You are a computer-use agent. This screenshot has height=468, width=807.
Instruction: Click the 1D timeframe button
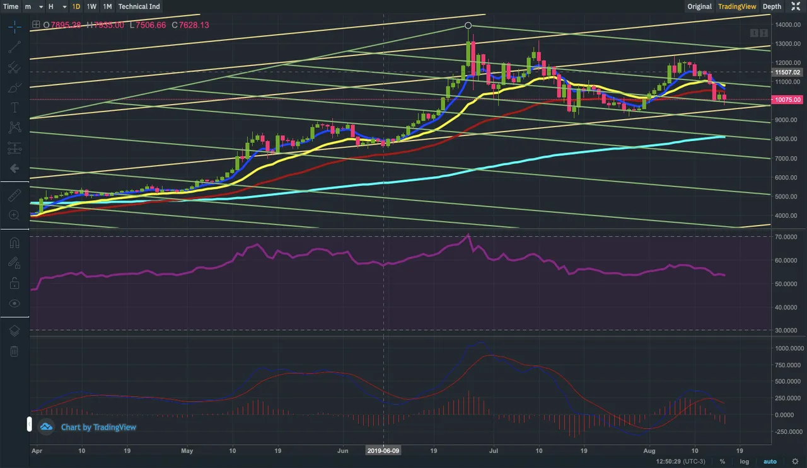coord(76,6)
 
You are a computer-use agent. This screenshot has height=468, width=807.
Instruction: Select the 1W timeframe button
coord(91,6)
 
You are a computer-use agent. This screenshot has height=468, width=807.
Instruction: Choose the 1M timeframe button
coord(107,6)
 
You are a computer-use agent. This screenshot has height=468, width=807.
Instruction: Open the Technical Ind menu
coord(139,6)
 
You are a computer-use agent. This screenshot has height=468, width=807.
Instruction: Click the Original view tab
coord(699,6)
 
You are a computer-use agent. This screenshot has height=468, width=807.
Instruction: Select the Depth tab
coord(772,6)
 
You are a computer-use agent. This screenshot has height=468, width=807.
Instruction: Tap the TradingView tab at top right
coord(737,6)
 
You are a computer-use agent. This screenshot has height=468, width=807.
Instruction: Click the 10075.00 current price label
coord(788,100)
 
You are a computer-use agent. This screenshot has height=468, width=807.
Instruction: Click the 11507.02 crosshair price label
coord(788,72)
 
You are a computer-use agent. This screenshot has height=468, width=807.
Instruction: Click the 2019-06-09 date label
coord(383,451)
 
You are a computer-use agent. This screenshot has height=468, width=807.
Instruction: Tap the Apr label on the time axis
coord(37,451)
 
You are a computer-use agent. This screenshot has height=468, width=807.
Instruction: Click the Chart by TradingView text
coord(98,427)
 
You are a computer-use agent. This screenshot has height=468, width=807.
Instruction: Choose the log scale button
coord(745,462)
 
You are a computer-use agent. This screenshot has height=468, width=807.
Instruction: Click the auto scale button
coord(770,462)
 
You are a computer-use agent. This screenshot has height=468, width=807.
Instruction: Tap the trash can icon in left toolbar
coord(15,351)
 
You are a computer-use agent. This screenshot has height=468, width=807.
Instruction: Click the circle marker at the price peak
coord(468,25)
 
